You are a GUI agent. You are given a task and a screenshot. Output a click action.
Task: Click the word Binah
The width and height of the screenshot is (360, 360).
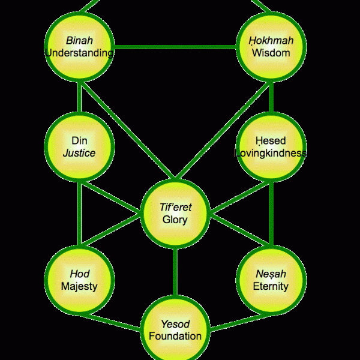(79, 41)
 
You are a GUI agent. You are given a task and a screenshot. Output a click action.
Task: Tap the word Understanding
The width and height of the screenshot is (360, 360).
(79, 53)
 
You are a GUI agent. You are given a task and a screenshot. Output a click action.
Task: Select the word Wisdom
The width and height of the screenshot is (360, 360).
(271, 53)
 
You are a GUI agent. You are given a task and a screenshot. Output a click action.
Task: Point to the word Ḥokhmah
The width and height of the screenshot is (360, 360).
(271, 41)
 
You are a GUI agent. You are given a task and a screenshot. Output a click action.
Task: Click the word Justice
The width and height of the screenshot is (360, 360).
(79, 153)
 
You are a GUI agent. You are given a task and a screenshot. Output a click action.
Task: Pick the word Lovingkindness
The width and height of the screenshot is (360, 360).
(271, 153)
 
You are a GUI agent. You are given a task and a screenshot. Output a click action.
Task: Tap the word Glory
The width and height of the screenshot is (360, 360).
(175, 220)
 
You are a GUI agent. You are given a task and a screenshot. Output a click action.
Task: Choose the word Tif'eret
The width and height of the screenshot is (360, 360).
(175, 207)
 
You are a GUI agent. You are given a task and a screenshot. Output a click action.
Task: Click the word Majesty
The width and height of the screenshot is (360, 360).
(79, 286)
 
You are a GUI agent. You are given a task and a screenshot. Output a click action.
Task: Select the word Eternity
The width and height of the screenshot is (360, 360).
(271, 286)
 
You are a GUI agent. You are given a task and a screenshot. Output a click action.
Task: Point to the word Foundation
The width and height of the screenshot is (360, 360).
(175, 336)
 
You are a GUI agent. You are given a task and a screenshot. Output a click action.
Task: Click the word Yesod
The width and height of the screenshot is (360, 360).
(175, 324)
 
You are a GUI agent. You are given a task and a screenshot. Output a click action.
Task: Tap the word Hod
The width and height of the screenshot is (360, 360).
(79, 274)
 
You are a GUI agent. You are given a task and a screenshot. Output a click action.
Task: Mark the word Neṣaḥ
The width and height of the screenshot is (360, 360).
(271, 274)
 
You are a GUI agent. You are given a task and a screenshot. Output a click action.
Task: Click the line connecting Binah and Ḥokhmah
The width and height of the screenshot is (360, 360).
(175, 47)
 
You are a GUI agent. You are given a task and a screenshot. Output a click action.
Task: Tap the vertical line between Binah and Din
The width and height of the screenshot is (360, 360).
(79, 97)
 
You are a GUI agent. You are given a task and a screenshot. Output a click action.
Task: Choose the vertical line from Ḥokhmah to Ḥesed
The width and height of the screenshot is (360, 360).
(271, 97)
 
